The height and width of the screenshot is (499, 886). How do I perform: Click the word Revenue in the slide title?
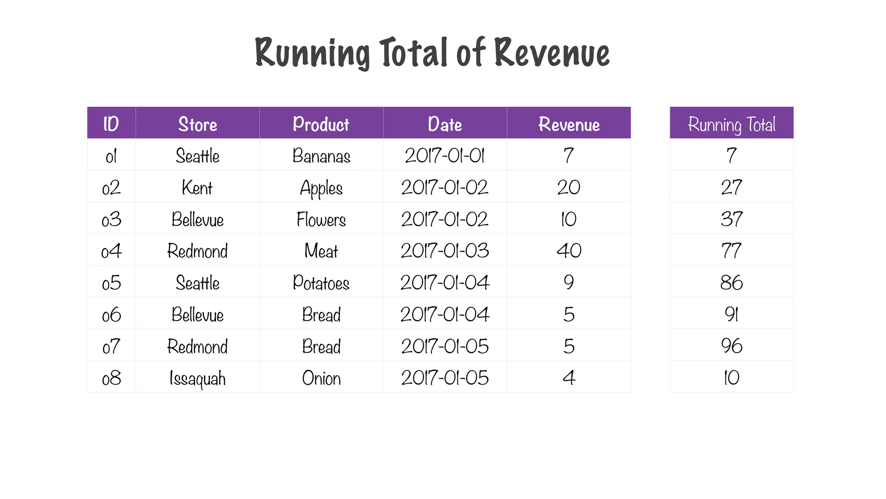552,53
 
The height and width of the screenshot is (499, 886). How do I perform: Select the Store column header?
198,124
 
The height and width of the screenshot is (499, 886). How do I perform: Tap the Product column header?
321,124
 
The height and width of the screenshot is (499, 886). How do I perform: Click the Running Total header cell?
732,124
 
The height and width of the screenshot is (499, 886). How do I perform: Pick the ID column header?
111,124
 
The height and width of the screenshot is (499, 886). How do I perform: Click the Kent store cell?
197,188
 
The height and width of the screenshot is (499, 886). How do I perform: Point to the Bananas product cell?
321,156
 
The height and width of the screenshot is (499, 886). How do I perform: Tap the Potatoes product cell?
321,283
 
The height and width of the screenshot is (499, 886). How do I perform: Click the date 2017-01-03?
445,251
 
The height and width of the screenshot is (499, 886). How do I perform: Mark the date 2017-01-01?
445,156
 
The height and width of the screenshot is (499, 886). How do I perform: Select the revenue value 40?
569,251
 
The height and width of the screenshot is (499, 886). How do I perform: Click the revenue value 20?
569,188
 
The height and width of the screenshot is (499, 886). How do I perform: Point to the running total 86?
732,283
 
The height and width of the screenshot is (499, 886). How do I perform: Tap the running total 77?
732,251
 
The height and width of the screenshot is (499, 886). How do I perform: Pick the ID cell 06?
111,315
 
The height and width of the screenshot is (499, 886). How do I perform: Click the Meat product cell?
321,251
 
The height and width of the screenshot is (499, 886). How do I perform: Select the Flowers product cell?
321,220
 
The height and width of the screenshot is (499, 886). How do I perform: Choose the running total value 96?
732,347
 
